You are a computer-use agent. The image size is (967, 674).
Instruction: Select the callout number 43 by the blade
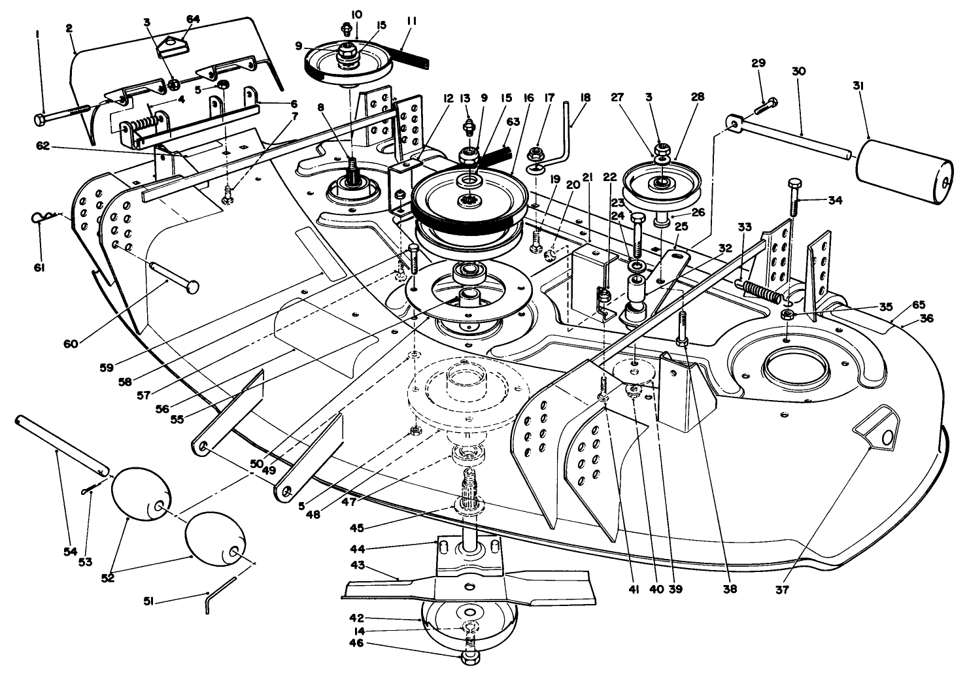(359, 565)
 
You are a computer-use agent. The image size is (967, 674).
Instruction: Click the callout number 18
(585, 97)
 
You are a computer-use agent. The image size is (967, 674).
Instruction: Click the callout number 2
(70, 28)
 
